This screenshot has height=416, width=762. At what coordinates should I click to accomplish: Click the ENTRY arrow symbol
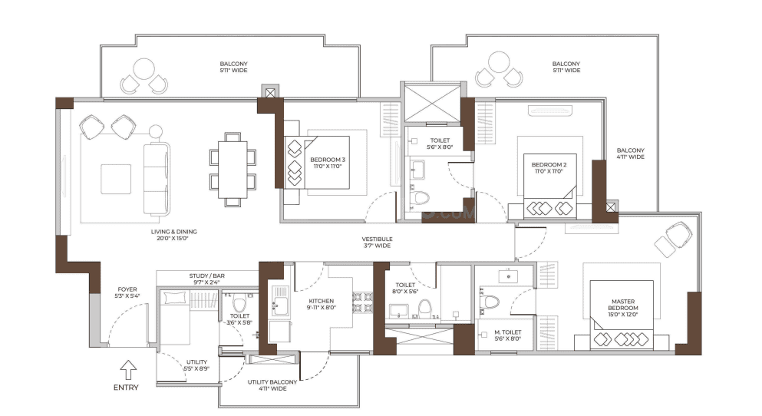pyautogui.click(x=129, y=370)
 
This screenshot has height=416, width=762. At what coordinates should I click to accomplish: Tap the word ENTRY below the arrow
pyautogui.click(x=126, y=388)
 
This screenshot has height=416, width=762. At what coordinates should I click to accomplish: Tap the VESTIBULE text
pyautogui.click(x=377, y=241)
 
